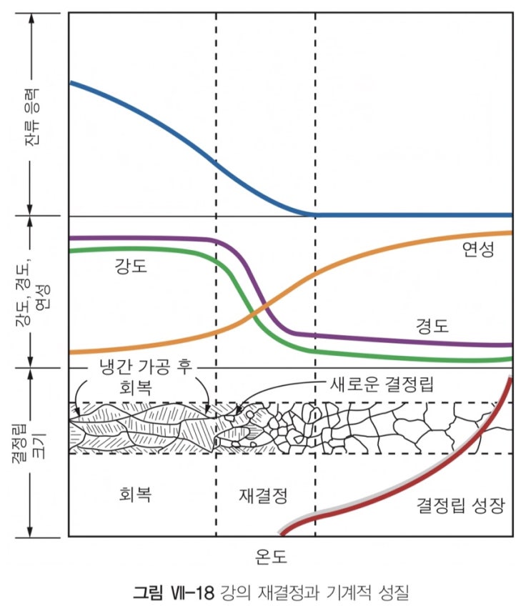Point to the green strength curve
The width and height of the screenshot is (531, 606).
coord(143,250)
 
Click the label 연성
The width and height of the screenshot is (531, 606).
coord(478,249)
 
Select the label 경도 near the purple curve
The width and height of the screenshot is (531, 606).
coord(432,327)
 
